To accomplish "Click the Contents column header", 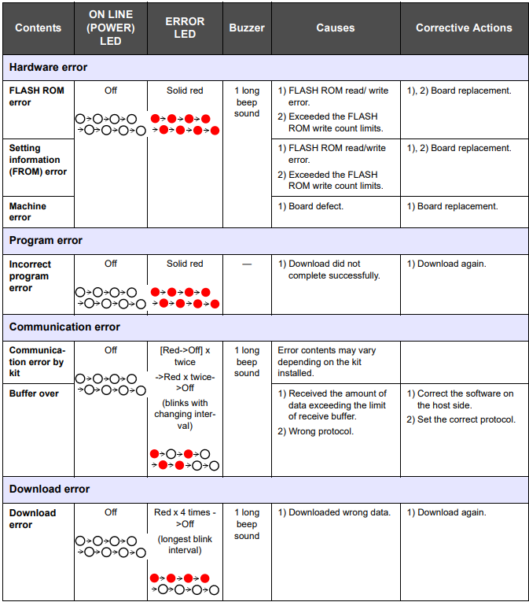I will point(38,28).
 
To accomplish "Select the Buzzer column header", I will point(247,28).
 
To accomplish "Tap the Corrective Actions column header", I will point(464,28).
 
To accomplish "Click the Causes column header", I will point(336,28).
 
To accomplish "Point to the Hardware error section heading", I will point(49,67).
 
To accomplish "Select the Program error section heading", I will point(46,240).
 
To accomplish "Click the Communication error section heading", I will point(64,327).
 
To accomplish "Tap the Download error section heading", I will point(50,489).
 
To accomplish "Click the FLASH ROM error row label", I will point(37,96).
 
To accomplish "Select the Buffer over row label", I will point(34,393).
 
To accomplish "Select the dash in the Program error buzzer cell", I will point(247,264).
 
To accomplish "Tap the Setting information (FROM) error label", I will point(38,159).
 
